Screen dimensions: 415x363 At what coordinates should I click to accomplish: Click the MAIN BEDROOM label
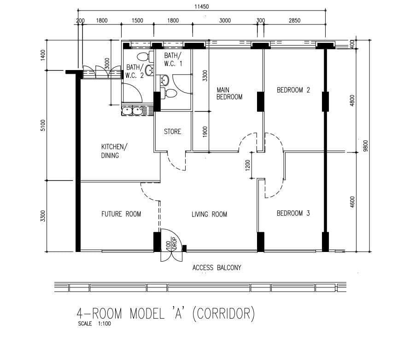pyautogui.click(x=229, y=94)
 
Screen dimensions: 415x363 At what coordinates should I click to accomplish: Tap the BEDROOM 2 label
pyautogui.click(x=293, y=90)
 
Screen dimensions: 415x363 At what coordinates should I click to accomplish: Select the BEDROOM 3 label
pyautogui.click(x=293, y=213)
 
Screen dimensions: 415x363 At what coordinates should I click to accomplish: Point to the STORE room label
pyautogui.click(x=173, y=132)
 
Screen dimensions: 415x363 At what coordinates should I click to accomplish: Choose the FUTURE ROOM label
pyautogui.click(x=121, y=214)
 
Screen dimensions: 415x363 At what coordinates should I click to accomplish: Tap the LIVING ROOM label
pyautogui.click(x=210, y=214)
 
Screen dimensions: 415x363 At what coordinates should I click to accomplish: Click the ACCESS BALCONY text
pyautogui.click(x=217, y=268)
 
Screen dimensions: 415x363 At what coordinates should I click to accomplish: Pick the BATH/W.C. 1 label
pyautogui.click(x=173, y=59)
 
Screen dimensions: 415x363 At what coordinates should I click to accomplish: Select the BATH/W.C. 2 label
pyautogui.click(x=135, y=71)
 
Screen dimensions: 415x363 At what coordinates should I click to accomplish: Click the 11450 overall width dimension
pyautogui.click(x=202, y=6)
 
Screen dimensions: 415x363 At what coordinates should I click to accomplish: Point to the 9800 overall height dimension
pyautogui.click(x=366, y=146)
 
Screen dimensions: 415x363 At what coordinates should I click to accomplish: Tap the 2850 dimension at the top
pyautogui.click(x=295, y=21)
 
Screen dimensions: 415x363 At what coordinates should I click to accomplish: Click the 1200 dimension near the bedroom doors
pyautogui.click(x=248, y=165)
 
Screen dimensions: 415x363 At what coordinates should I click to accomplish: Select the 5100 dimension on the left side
pyautogui.click(x=43, y=125)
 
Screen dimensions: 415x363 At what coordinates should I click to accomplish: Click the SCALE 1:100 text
pyautogui.click(x=94, y=323)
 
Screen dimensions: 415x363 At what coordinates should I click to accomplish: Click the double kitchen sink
pyautogui.click(x=132, y=111)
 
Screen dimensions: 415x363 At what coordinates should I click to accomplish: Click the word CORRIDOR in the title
pyautogui.click(x=224, y=314)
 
